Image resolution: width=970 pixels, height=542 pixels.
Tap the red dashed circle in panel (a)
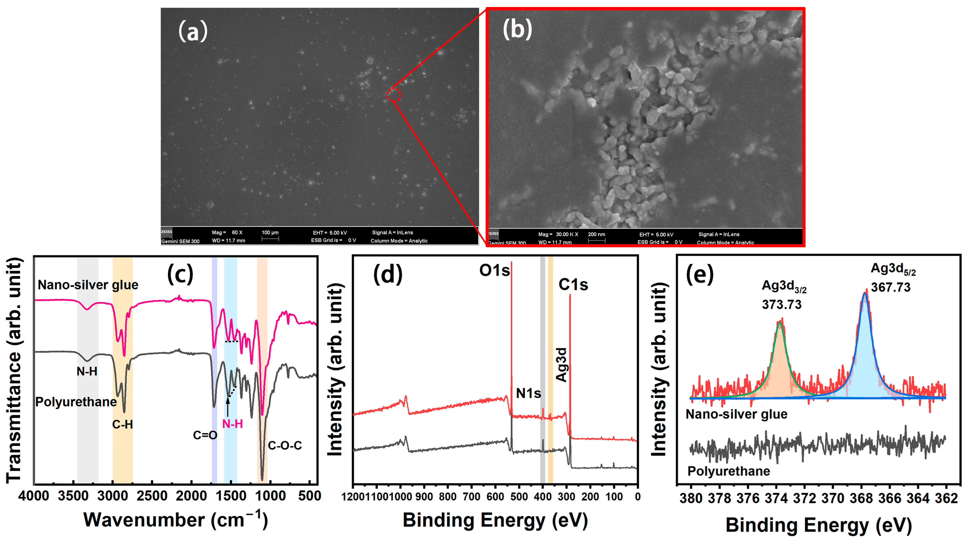394,95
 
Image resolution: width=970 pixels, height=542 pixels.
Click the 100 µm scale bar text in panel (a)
270,233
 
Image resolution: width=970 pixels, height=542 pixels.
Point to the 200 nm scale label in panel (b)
596,234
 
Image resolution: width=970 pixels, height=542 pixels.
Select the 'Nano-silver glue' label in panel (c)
88,285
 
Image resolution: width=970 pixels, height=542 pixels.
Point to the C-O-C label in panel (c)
285,446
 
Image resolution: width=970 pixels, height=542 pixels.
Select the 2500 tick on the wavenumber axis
152,496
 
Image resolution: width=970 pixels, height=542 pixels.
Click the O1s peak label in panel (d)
494,270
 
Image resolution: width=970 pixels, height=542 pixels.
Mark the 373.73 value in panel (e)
781,304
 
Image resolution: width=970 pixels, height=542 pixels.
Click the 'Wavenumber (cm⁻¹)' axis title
175,520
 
